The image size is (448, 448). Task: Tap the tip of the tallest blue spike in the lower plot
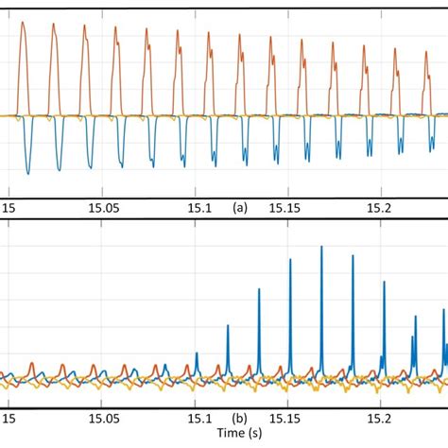point(321,247)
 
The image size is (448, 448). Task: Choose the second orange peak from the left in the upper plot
point(55,23)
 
